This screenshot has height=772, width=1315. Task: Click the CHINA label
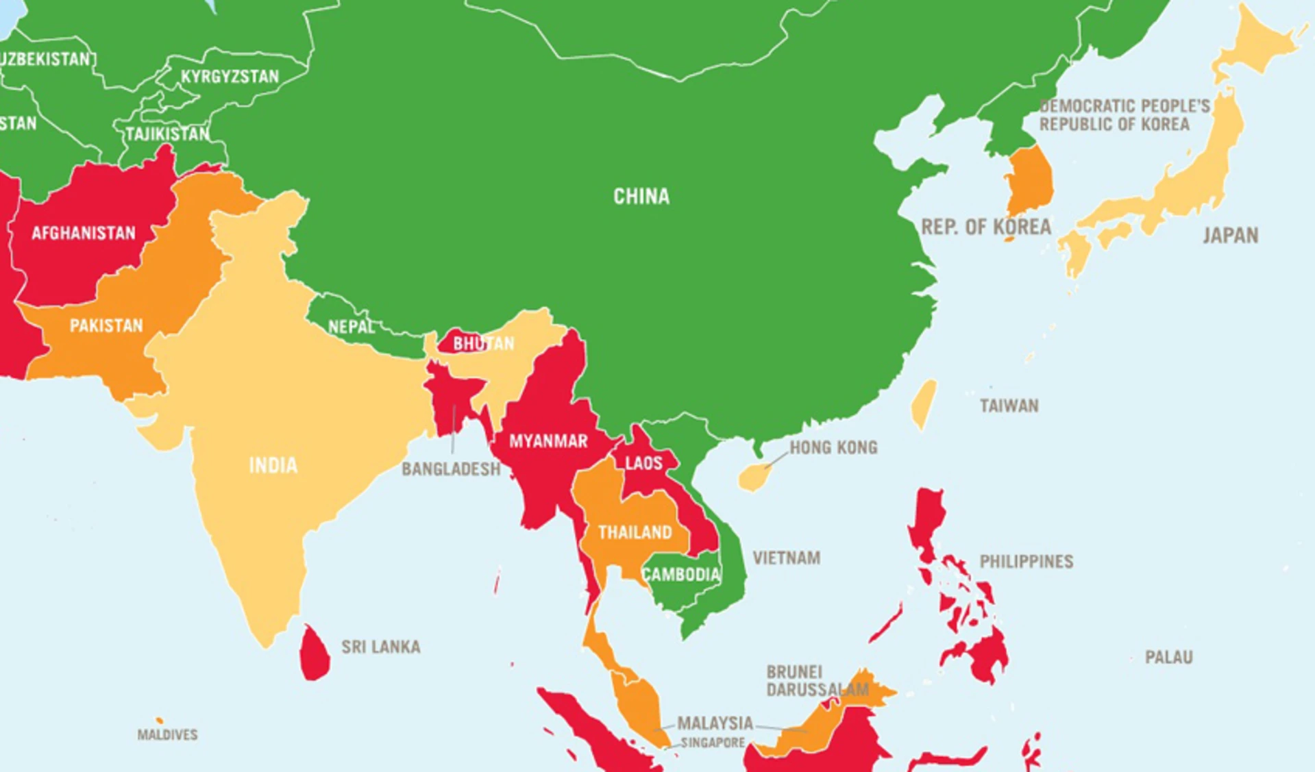[x=641, y=197]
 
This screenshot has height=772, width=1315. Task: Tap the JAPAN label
[x=1230, y=236]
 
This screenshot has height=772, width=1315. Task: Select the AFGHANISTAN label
[x=84, y=234]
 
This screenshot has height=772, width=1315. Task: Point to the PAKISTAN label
[x=106, y=325]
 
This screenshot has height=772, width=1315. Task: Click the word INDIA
[x=273, y=466]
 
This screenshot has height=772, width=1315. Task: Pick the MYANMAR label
[x=548, y=441]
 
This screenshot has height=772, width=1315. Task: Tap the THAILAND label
[x=635, y=532]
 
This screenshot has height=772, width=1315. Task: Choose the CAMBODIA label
[x=681, y=574]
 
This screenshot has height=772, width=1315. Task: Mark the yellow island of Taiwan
[x=923, y=404]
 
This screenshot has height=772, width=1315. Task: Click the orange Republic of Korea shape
[x=1028, y=182]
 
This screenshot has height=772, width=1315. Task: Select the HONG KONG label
[x=833, y=448]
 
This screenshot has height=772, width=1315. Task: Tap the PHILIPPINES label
[x=1026, y=562]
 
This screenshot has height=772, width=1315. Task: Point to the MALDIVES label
[x=167, y=735]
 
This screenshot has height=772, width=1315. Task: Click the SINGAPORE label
[x=713, y=743]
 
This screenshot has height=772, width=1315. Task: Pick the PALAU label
[x=1168, y=658]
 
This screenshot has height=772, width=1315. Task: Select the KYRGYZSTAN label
[x=230, y=77]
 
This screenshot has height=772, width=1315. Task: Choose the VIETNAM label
[x=786, y=558]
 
